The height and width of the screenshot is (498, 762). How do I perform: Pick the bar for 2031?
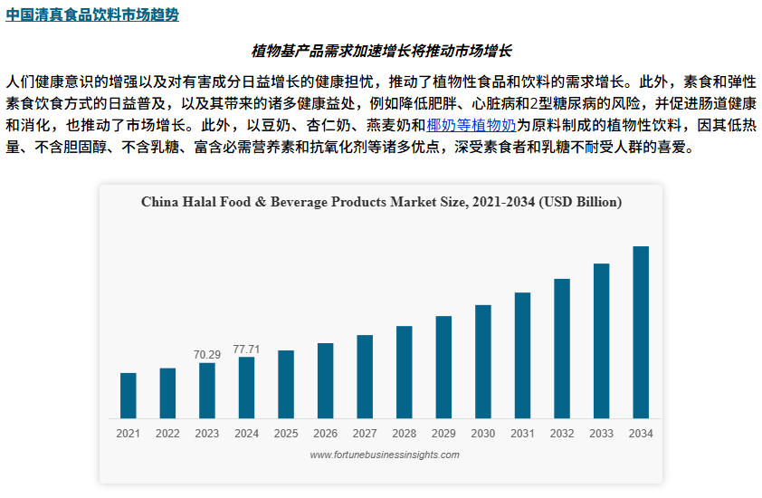click(522, 355)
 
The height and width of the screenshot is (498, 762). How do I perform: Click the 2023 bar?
click(207, 390)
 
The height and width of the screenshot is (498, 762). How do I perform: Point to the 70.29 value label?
click(207, 355)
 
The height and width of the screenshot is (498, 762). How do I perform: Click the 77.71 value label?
click(246, 349)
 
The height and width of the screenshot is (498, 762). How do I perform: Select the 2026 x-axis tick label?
click(326, 434)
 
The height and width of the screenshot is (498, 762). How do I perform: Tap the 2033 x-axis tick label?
click(601, 434)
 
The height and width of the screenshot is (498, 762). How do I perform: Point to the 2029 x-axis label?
click(443, 434)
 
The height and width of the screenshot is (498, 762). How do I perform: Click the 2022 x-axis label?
click(167, 434)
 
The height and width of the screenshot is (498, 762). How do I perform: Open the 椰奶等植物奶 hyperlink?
click(471, 125)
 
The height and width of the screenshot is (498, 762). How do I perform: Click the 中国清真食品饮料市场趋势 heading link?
click(92, 15)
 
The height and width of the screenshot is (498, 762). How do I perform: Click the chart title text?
click(381, 201)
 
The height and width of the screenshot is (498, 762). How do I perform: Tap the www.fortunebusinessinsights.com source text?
click(385, 455)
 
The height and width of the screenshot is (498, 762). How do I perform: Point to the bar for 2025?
click(286, 384)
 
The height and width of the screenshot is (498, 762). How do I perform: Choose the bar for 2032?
click(562, 348)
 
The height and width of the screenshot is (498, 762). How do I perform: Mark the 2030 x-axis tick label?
click(483, 434)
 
